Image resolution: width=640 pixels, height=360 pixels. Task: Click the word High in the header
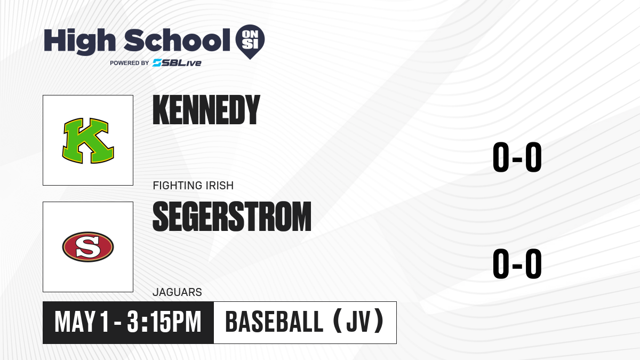click(79, 42)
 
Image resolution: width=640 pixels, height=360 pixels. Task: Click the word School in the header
click(177, 41)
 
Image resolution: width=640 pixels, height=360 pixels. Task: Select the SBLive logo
click(177, 63)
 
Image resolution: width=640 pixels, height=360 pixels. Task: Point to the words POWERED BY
click(130, 63)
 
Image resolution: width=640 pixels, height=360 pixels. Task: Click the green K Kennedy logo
click(88, 141)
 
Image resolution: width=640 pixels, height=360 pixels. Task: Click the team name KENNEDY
click(206, 110)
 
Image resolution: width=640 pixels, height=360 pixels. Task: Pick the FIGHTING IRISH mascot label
click(193, 186)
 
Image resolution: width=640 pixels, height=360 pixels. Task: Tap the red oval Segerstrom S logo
click(88, 247)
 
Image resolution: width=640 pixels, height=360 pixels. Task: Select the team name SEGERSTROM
click(231, 217)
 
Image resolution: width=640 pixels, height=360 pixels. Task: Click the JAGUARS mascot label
click(177, 292)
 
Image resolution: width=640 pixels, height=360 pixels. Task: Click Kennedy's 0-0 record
click(517, 157)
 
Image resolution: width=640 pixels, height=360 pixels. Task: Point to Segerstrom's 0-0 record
click(517, 263)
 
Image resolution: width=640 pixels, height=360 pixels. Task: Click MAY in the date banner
click(75, 322)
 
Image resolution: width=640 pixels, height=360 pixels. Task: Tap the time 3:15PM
click(164, 322)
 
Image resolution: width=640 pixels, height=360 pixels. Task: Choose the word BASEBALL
click(274, 322)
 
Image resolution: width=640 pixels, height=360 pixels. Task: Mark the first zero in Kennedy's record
click(501, 157)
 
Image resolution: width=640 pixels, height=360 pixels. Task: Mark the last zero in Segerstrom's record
click(533, 263)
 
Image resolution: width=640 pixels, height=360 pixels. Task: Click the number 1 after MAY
click(105, 322)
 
